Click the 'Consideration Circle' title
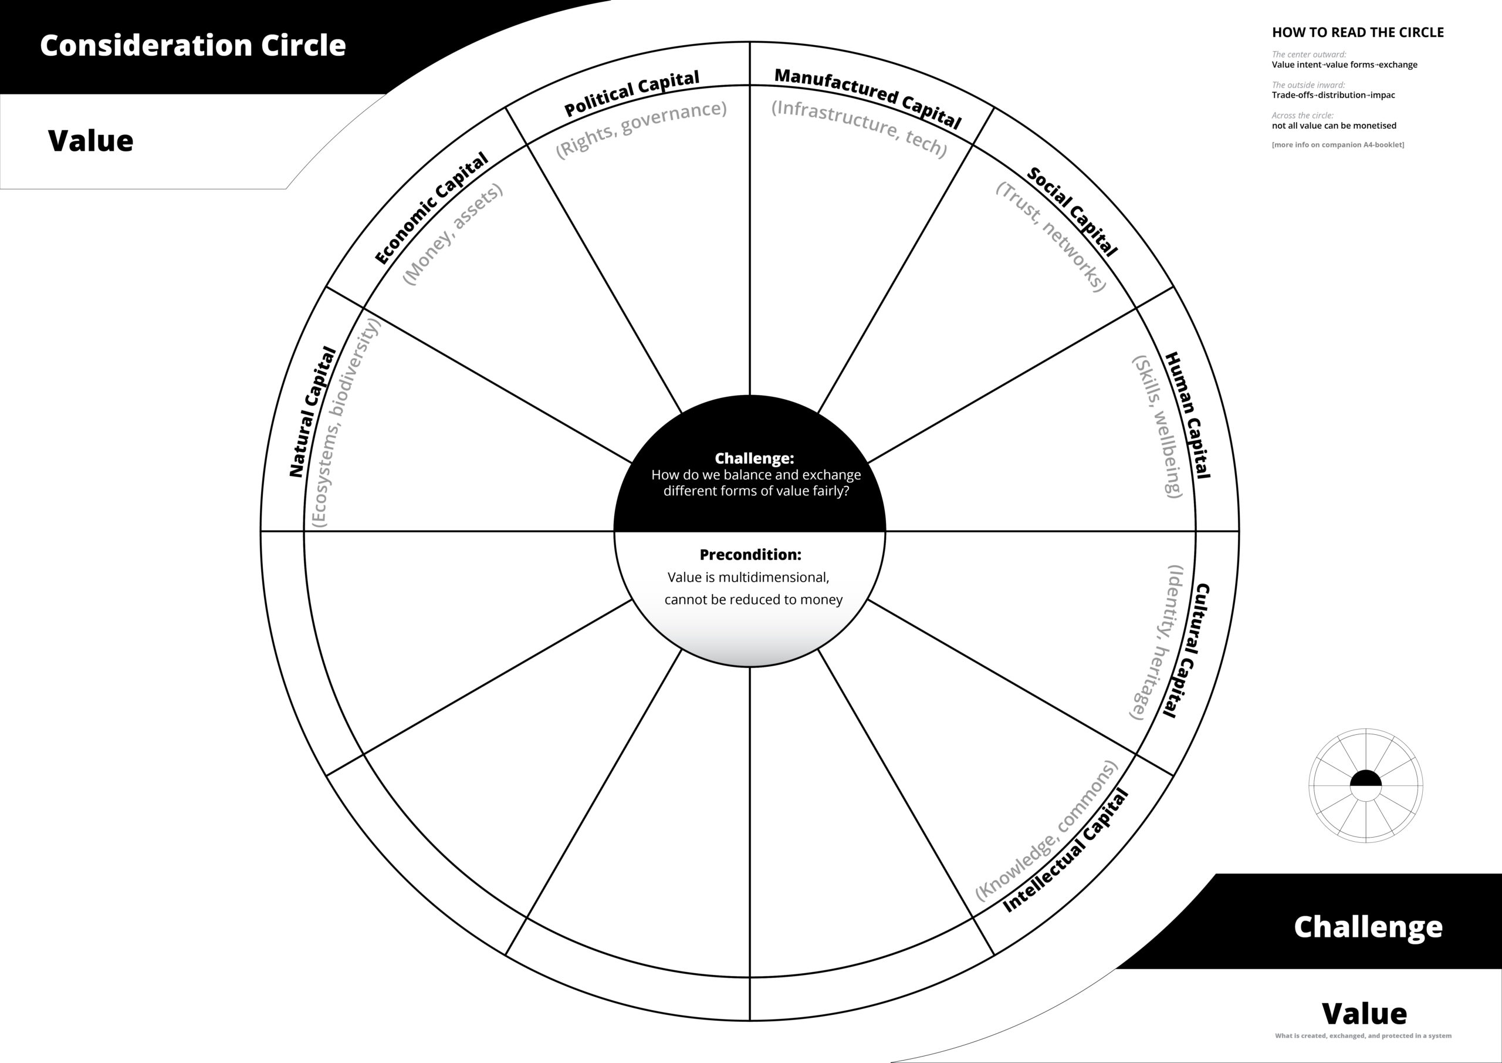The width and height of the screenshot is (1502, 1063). [x=192, y=45]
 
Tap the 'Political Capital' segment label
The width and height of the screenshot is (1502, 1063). [x=631, y=93]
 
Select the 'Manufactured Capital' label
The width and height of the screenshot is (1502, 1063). [x=867, y=98]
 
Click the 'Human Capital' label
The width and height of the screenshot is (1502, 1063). [x=1188, y=415]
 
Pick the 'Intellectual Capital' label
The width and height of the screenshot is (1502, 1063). [x=1065, y=851]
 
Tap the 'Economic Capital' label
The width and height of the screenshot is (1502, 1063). [x=431, y=208]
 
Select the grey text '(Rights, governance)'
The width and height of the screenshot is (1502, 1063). [x=641, y=129]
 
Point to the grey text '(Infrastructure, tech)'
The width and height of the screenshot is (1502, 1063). [x=859, y=129]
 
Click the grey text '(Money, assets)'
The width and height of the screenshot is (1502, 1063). [x=453, y=234]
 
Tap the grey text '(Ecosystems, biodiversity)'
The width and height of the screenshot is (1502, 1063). [x=346, y=422]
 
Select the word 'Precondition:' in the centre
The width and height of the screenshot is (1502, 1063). [x=750, y=555]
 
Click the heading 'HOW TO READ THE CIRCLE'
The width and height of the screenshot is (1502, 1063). [x=1358, y=33]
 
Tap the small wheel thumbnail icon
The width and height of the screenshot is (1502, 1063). [x=1366, y=785]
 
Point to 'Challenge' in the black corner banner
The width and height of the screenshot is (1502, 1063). [x=1368, y=927]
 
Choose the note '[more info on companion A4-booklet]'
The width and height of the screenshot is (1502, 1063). [x=1338, y=144]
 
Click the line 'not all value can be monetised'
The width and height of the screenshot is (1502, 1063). [x=1334, y=126]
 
